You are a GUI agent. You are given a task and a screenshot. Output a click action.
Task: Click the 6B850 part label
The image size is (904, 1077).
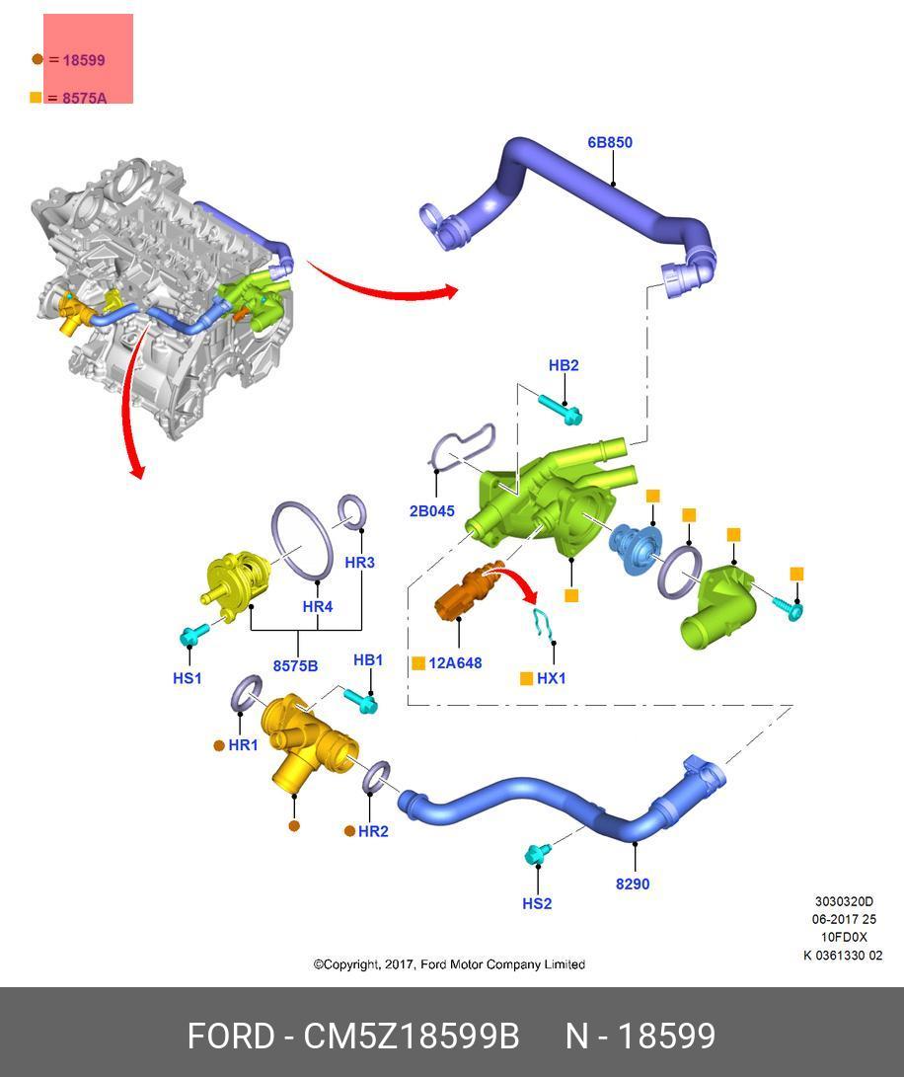pos(610,142)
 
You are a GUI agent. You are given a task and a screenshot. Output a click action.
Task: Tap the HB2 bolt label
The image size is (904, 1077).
pos(564,365)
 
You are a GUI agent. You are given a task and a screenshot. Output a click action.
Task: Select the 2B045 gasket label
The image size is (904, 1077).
pos(432,511)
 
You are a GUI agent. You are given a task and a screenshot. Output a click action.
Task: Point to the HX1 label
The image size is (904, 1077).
pos(552,678)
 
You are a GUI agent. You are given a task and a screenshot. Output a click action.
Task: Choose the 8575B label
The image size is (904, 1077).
pos(295,665)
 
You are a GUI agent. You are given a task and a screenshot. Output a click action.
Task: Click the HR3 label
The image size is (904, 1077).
pos(359,563)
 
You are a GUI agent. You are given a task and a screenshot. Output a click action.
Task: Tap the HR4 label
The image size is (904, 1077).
pos(317,606)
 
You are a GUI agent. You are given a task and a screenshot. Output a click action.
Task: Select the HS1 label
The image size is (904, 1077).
pos(187,678)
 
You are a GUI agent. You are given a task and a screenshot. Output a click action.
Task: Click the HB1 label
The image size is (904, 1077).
pos(368,659)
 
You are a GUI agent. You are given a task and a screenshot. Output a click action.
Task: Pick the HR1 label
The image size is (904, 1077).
pos(243,745)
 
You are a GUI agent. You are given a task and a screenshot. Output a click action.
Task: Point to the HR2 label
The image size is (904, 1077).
pos(373,831)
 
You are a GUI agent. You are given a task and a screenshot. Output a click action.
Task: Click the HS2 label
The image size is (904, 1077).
pos(537,903)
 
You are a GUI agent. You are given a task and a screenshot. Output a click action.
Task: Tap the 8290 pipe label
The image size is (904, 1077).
pos(633,884)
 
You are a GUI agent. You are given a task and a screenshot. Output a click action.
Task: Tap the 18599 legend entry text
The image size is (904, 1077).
pos(84,59)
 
